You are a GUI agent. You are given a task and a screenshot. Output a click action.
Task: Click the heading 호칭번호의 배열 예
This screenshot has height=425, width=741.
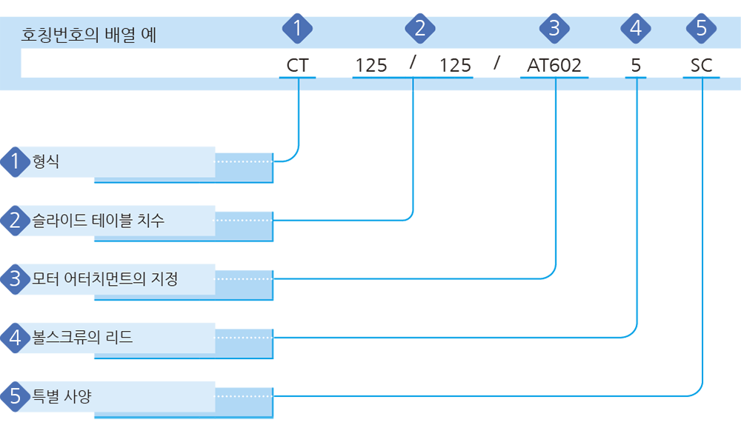(x=89, y=35)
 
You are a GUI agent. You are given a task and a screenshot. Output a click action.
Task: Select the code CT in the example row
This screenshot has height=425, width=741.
(x=297, y=65)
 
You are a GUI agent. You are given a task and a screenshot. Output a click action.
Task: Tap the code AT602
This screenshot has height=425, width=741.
(x=554, y=65)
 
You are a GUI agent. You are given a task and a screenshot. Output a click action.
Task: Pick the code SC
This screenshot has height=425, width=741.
(x=701, y=65)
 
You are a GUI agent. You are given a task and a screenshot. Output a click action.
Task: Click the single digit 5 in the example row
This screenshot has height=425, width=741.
(x=636, y=65)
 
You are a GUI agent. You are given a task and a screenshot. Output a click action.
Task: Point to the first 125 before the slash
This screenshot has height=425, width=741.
(x=371, y=65)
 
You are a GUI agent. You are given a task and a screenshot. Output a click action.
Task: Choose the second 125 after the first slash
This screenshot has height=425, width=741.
(x=455, y=65)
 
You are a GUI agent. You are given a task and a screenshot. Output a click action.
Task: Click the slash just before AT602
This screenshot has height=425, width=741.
(x=496, y=62)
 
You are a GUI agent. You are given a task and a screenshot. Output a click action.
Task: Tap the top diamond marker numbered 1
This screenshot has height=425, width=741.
(x=297, y=28)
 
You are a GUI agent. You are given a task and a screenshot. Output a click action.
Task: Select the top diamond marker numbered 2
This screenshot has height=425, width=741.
(x=420, y=28)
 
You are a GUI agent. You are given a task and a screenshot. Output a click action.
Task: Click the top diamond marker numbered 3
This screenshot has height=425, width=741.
(x=554, y=28)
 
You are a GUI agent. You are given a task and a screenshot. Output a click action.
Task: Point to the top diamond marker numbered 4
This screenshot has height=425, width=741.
(x=636, y=28)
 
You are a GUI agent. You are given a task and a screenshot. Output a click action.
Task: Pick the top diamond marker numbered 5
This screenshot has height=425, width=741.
(x=701, y=28)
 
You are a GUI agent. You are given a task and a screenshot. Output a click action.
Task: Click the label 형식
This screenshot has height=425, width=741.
(x=46, y=161)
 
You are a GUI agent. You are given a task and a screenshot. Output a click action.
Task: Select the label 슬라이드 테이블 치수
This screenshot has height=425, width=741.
(x=99, y=220)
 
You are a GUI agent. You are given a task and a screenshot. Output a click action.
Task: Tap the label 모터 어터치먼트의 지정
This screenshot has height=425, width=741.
(x=105, y=278)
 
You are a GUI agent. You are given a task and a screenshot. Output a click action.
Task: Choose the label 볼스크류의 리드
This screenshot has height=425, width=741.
(x=82, y=337)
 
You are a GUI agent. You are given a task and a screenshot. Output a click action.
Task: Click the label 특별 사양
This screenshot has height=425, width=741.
(x=62, y=395)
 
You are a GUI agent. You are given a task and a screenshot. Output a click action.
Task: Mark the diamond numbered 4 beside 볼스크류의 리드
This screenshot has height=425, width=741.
(x=15, y=338)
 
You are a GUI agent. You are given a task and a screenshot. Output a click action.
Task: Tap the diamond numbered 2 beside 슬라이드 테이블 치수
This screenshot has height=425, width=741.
(x=15, y=221)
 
